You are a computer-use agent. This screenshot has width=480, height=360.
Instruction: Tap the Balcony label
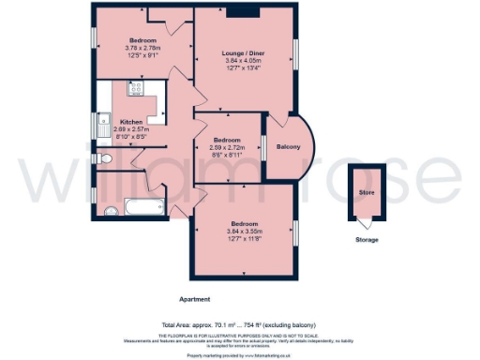(x=289, y=147)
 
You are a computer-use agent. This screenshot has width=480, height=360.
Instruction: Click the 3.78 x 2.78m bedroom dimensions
(x=142, y=49)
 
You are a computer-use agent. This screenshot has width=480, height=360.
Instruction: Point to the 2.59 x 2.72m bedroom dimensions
(x=227, y=147)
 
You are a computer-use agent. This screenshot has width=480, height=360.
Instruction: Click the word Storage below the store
(x=367, y=240)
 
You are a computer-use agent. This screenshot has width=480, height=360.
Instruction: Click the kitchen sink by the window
(x=103, y=124)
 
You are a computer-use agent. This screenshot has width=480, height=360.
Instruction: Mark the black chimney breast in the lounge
(x=246, y=12)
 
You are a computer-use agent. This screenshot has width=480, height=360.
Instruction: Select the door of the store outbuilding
(x=364, y=223)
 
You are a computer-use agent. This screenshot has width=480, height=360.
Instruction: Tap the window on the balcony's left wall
(x=264, y=147)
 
